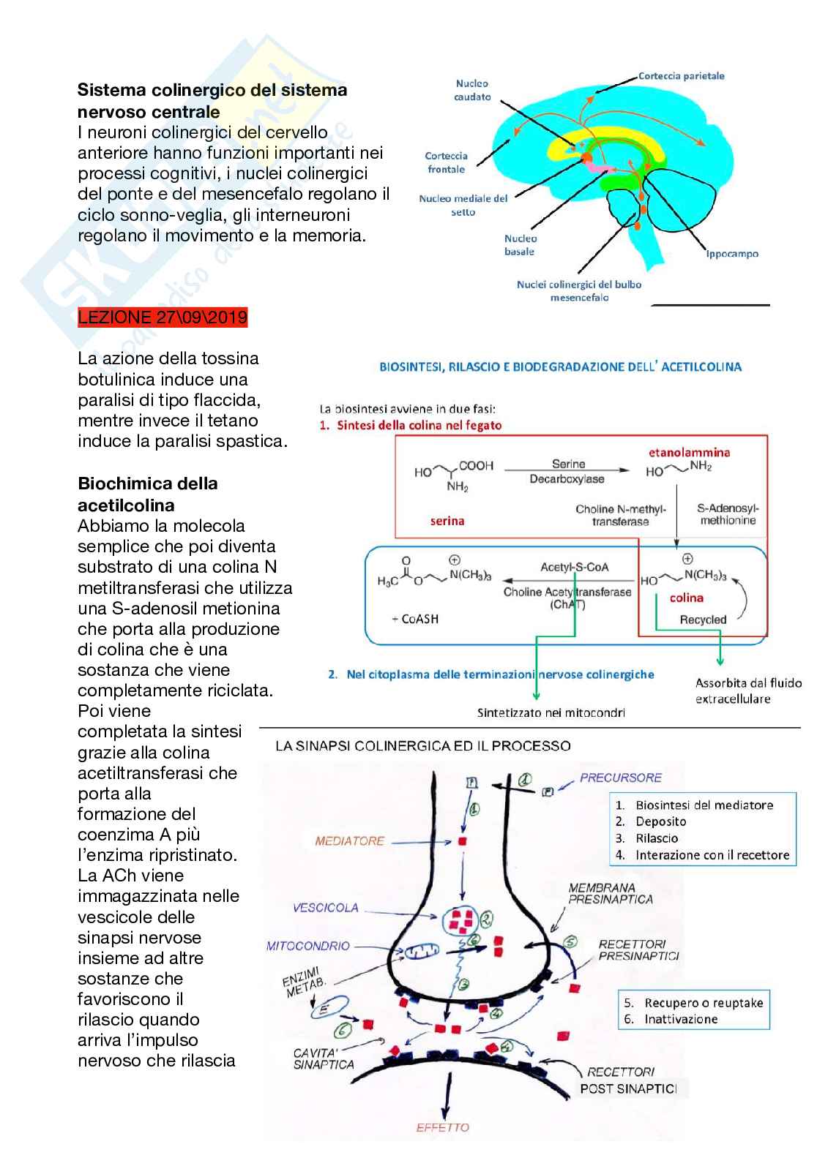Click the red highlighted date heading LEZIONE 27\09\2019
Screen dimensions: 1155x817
[163, 317]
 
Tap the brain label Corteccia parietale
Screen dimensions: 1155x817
[681, 76]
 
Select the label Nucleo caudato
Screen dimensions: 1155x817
[472, 90]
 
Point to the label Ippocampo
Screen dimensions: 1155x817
[731, 254]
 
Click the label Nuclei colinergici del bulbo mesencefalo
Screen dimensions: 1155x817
[578, 290]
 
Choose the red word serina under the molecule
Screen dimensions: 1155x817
[447, 521]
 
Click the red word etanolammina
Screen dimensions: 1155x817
[689, 452]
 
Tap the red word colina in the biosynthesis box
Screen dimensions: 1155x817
[686, 598]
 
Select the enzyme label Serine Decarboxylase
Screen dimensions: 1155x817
[567, 471]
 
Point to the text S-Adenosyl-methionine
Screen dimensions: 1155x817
[728, 514]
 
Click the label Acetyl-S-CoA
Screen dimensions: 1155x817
[574, 567]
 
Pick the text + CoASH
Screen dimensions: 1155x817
[415, 619]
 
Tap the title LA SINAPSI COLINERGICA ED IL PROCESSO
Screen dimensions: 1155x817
[422, 746]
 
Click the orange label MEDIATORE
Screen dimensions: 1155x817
[349, 841]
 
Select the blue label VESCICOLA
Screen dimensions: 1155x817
[326, 908]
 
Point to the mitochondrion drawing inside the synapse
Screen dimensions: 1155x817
[422, 951]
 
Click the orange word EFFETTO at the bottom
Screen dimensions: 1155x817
[442, 1128]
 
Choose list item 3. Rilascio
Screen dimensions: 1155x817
[656, 838]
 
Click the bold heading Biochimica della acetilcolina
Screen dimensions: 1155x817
[147, 494]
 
